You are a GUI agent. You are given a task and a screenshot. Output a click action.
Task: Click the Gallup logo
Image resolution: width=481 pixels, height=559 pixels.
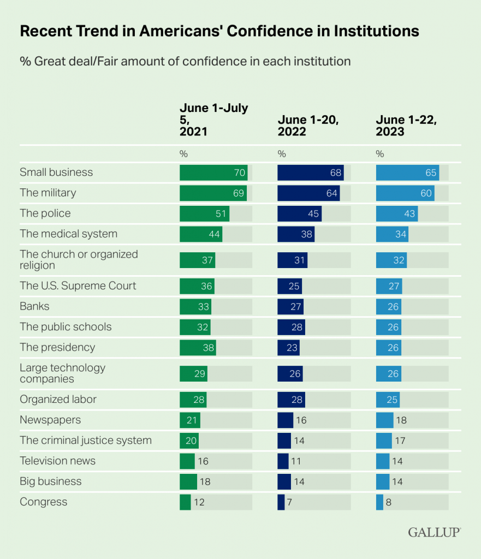[434, 532]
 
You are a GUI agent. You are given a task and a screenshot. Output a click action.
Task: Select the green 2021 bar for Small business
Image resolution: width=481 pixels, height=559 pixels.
[213, 173]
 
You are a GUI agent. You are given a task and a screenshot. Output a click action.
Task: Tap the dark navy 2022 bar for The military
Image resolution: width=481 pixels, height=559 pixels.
[308, 193]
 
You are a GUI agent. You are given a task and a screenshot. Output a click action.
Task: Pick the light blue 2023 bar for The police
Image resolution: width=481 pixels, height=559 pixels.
[397, 213]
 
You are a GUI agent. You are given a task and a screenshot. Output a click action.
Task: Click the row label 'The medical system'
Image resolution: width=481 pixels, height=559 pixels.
[68, 234]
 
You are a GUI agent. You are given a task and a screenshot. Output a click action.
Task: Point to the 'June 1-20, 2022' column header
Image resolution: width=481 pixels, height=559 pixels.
[308, 126]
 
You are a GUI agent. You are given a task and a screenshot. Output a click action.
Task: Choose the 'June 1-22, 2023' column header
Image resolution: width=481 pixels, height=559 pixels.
[407, 126]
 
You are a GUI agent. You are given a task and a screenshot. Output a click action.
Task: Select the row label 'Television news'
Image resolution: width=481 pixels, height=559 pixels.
[57, 461]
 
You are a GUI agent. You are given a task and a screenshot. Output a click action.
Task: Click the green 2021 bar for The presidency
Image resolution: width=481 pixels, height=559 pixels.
[198, 347]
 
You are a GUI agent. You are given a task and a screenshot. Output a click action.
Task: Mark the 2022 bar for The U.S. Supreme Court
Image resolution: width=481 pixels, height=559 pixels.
[289, 286]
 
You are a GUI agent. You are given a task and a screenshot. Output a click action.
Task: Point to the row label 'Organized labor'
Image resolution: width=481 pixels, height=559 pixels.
[58, 399]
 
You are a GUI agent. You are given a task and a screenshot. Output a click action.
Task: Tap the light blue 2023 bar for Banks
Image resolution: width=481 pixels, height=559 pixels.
[389, 306]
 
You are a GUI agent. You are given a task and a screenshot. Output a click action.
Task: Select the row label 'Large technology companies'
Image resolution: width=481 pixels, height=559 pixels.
[63, 373]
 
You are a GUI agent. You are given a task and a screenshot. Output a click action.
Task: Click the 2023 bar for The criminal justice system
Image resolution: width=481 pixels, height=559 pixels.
[384, 441]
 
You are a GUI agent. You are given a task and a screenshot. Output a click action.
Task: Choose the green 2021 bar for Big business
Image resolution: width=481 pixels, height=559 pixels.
[188, 481]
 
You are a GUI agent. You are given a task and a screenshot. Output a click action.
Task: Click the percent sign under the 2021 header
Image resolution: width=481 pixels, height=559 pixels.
[183, 153]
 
